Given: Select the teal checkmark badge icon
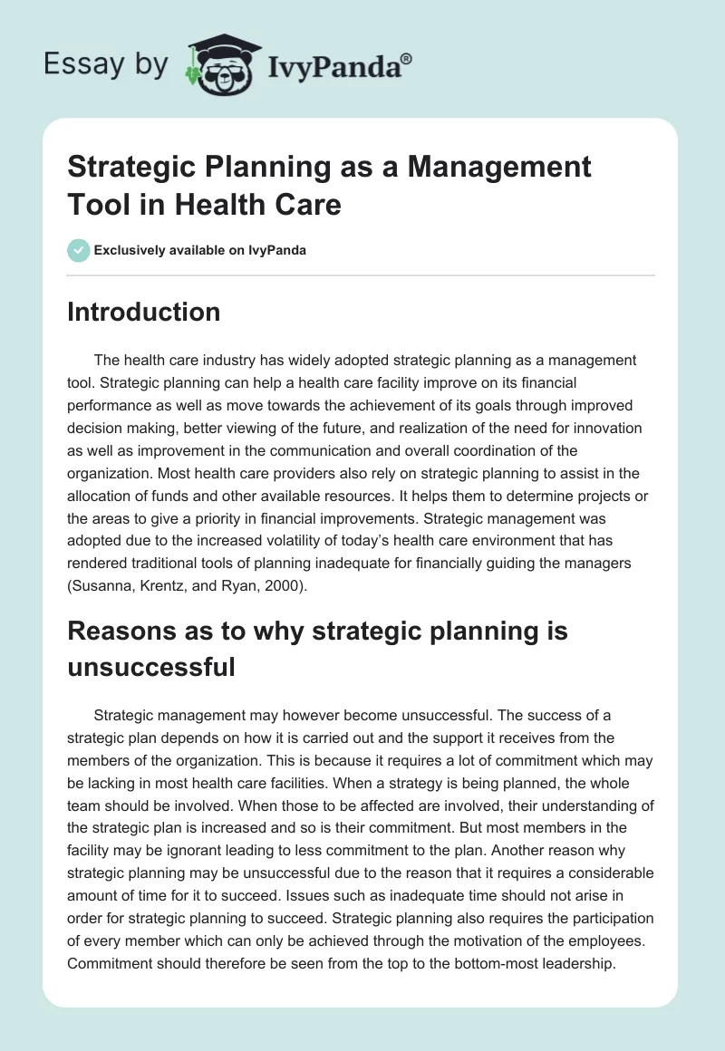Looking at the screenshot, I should [79, 250].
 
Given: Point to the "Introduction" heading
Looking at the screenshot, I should [144, 312].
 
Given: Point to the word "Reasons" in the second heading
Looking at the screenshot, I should [121, 631].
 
